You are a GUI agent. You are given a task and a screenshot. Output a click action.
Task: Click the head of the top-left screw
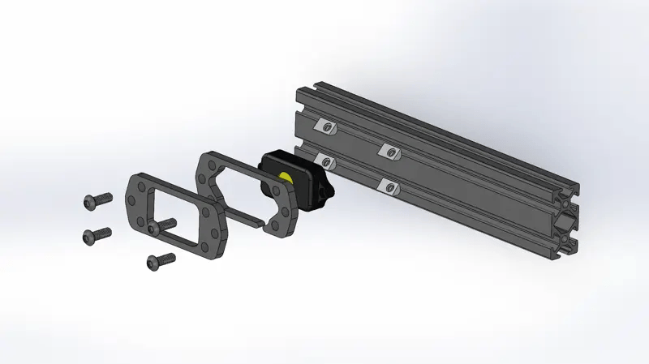click(x=90, y=199)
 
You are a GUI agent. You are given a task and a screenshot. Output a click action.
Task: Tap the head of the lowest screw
click(x=153, y=262)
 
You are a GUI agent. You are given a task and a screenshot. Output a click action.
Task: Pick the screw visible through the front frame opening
click(x=167, y=223)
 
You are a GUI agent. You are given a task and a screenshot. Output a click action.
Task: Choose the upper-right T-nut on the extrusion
click(x=390, y=150)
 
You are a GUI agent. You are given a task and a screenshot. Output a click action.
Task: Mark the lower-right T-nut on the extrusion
click(x=390, y=187)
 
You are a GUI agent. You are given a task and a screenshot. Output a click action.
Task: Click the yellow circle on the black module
click(x=286, y=178)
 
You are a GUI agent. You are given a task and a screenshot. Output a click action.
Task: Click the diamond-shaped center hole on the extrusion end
click(x=565, y=221)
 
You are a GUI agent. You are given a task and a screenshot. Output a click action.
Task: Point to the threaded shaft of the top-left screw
click(x=103, y=197)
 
